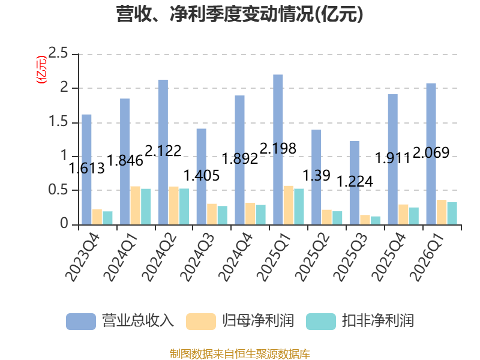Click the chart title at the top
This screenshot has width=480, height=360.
coord(239,14)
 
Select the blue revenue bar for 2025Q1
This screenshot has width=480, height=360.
coord(278,149)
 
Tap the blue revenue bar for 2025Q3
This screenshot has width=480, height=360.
coord(355,183)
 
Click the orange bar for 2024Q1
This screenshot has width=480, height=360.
coord(136,205)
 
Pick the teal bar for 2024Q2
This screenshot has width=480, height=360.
coord(184,206)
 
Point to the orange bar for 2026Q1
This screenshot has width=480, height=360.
coord(442,212)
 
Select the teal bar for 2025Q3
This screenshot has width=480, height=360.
coord(376,221)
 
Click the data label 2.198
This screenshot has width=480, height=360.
coord(278,148)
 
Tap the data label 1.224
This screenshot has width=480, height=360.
coord(355,182)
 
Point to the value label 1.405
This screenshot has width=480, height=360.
coord(202,176)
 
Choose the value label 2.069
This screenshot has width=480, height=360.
coord(431,152)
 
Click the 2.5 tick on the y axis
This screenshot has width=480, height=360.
coord(58,53)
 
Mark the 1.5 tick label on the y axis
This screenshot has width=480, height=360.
coord(58,122)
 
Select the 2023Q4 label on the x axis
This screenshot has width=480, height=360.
coord(83,257)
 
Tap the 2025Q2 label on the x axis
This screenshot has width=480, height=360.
coord(312,257)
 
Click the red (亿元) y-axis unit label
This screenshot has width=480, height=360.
coord(41,70)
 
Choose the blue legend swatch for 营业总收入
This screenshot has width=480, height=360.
coord(81,322)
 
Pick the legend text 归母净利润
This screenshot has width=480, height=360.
coord(258,321)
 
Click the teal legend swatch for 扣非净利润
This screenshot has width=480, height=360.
coord(321,322)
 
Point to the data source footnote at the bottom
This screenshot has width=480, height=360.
coord(240,354)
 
